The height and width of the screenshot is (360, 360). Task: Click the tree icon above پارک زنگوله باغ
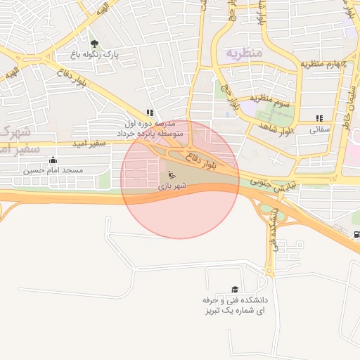pos(94,44)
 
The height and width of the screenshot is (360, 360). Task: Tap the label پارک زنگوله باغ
pos(94,54)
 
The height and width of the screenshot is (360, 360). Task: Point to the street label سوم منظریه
pos(273,103)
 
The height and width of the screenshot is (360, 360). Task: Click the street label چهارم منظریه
pos(324,64)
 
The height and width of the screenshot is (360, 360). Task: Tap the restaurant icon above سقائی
pos(320,119)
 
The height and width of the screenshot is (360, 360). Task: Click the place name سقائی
pos(320,129)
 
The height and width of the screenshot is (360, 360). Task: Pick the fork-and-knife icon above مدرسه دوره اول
pos(149,112)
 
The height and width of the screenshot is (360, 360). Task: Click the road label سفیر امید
pos(88,143)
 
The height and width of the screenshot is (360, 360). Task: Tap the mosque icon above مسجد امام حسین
pos(53,160)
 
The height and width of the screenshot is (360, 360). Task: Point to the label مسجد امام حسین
pos(53,170)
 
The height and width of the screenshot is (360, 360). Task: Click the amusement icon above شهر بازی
pos(171,174)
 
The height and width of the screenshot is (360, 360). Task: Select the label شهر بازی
pos(173,186)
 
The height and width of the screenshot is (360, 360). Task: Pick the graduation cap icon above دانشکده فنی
pos(234,289)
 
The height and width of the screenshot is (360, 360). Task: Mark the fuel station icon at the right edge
pos(356,235)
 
